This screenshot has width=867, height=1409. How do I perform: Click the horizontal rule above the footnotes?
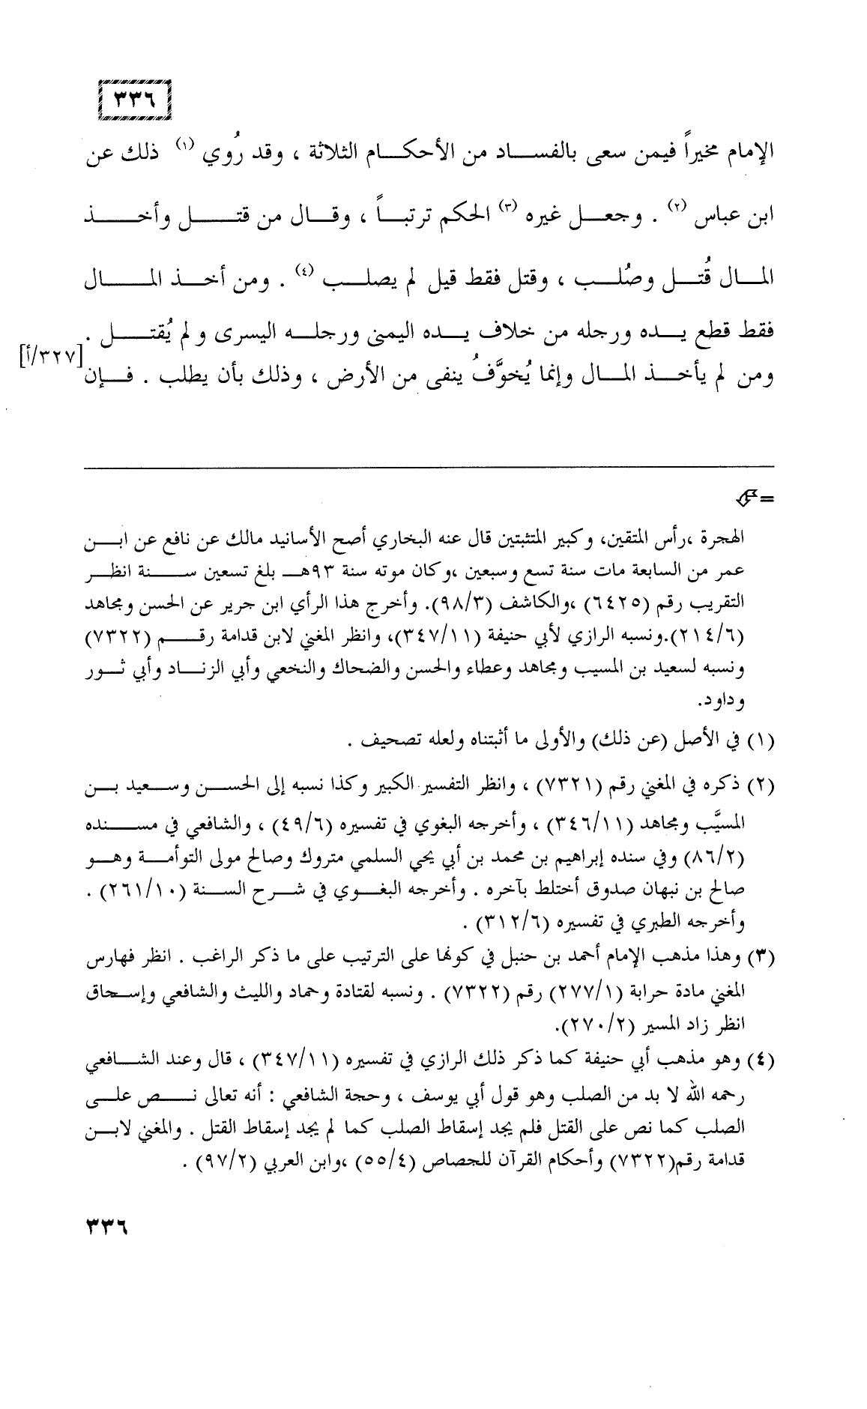coord(427,467)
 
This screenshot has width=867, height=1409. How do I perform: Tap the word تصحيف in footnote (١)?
coord(375,743)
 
